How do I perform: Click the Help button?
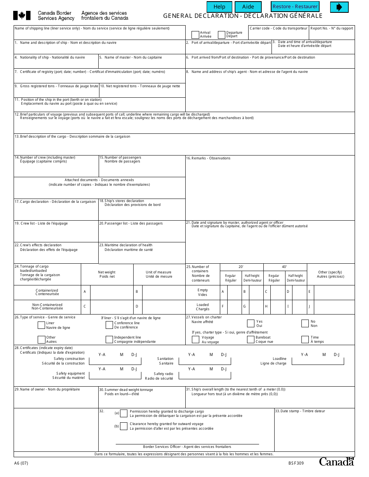pos(219,7)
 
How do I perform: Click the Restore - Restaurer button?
pos(295,7)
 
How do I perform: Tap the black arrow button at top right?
pos(339,7)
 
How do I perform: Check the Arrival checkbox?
pos(195,35)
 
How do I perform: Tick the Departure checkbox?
pos(221,35)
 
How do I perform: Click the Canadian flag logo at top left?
pos(22,16)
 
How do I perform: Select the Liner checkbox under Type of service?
pos(41,325)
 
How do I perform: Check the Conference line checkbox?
pos(109,325)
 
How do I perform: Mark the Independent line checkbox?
pos(109,339)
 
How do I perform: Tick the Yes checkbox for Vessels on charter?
pos(251,323)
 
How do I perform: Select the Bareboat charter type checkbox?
pos(251,339)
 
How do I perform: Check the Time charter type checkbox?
pos(305,339)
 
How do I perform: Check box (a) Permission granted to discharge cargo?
pos(124,413)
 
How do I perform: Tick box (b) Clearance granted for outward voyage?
pos(124,426)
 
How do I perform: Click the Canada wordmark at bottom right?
pos(336,461)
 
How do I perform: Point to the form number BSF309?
pos(296,463)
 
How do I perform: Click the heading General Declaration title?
pos(243,16)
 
